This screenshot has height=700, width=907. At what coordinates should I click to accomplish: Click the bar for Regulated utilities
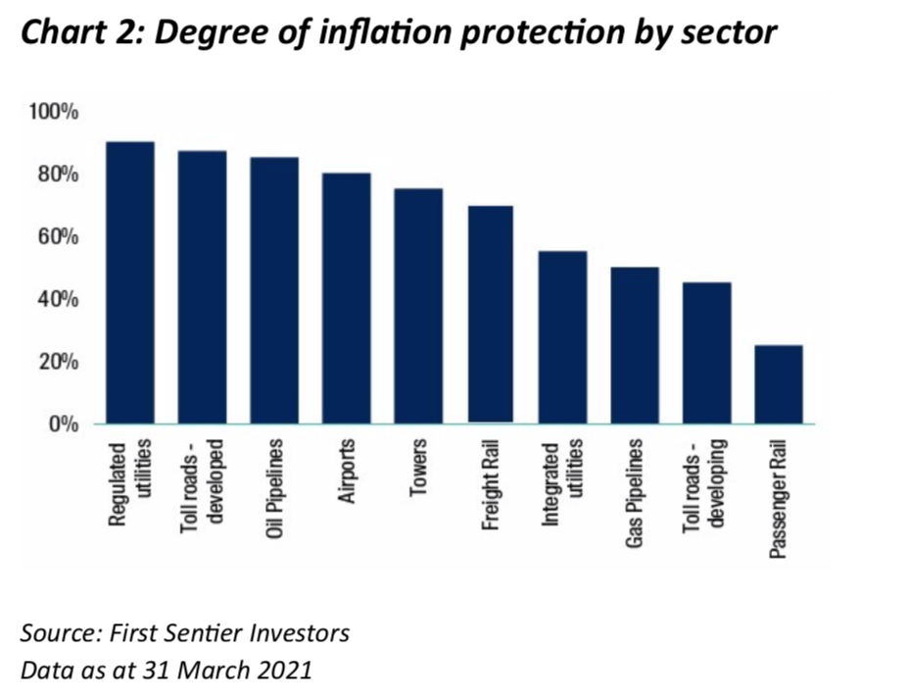pos(129,282)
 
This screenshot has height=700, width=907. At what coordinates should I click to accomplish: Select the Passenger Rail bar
pos(779,384)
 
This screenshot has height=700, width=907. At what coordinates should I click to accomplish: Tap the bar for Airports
pos(346,298)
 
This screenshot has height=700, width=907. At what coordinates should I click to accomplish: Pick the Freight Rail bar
pos(490,314)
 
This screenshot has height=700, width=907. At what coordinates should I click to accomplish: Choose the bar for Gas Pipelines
pos(634,345)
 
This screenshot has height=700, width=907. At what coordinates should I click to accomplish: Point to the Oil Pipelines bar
pos(274,290)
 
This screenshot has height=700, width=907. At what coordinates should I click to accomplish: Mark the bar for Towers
pos(418,306)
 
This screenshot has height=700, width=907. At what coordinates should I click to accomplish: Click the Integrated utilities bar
pos(562,337)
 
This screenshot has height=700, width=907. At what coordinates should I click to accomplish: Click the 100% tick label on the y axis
pos(55,112)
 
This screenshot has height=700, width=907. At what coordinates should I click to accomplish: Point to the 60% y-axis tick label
pos(59,236)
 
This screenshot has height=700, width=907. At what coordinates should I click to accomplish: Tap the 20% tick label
pos(59,362)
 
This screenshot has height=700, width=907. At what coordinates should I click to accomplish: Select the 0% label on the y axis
pos(64,425)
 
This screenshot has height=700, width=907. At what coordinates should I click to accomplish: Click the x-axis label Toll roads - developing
pos(705,485)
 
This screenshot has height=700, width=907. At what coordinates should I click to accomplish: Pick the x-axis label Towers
pos(418,472)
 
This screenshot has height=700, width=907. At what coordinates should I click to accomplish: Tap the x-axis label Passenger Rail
pos(779,499)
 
